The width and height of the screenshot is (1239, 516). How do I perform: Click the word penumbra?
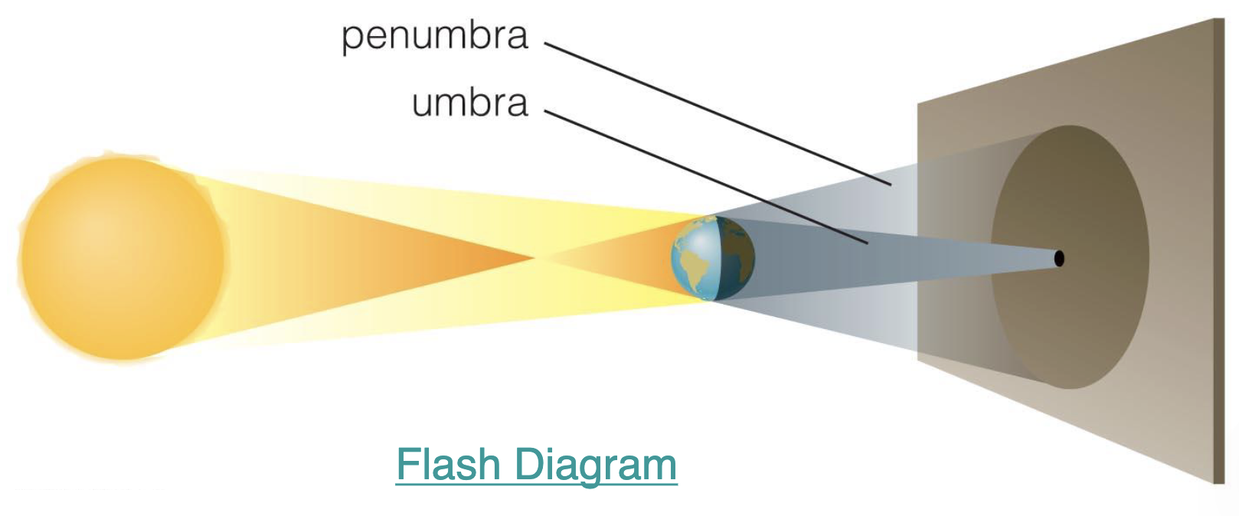tap(434, 37)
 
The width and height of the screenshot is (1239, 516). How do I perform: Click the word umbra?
tap(469, 103)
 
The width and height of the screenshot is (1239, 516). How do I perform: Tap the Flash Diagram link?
tap(536, 465)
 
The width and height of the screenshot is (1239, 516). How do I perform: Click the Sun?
tap(123, 257)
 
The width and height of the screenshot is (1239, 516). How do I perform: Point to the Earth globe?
tap(713, 257)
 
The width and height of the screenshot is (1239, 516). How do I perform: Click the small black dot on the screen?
tap(1059, 259)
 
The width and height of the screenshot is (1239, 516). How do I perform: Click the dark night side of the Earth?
tap(739, 257)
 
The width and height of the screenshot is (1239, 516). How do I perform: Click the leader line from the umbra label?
tap(704, 177)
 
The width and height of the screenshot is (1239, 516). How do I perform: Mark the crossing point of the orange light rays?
tap(534, 258)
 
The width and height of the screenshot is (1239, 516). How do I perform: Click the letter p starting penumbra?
tap(351, 39)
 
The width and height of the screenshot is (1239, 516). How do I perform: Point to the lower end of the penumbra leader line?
tap(891, 185)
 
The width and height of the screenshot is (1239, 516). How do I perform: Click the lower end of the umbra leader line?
tap(867, 243)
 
